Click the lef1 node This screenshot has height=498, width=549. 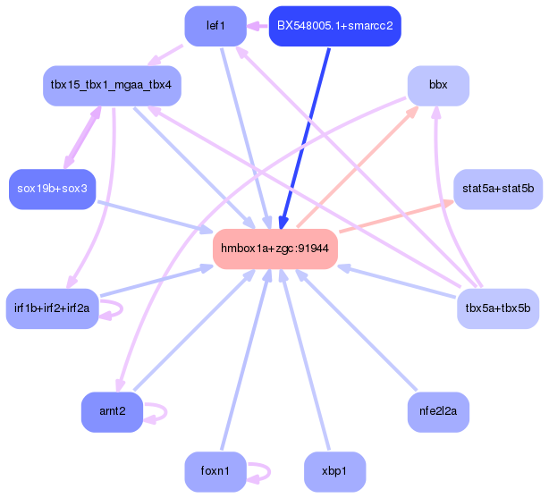[x=215, y=26]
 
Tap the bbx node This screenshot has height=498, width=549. [x=438, y=86]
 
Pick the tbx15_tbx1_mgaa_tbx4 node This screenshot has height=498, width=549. [x=113, y=86]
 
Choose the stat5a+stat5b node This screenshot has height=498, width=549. [x=498, y=189]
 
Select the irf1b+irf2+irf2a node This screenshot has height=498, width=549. [x=52, y=308]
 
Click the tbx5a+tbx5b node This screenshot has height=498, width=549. [x=498, y=308]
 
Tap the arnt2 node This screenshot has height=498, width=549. [x=113, y=412]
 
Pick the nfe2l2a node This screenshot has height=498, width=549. [x=438, y=412]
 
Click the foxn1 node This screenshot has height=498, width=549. [x=215, y=472]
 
